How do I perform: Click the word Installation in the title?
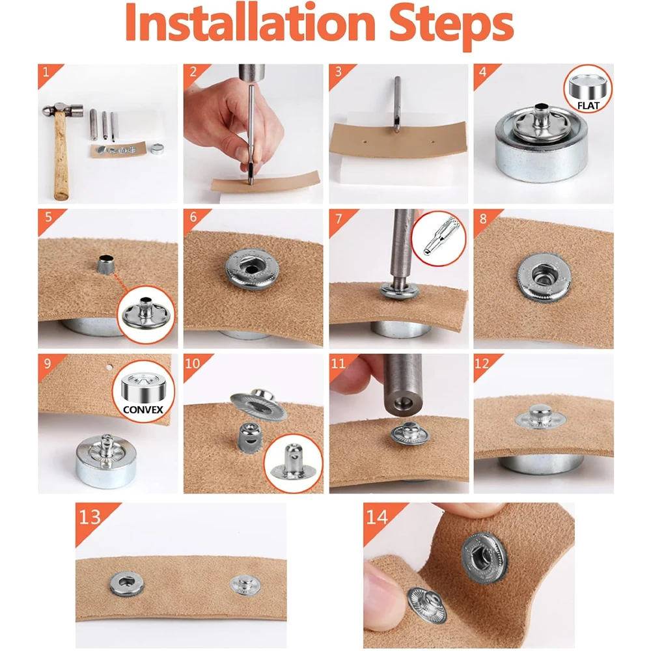coord(250,23)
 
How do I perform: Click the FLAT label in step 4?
coord(588,106)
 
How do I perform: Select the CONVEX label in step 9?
coord(143,409)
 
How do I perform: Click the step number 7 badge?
coord(339,218)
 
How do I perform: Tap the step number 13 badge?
coord(90,518)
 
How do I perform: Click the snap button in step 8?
coord(544,277)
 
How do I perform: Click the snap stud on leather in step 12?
coord(540,417)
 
